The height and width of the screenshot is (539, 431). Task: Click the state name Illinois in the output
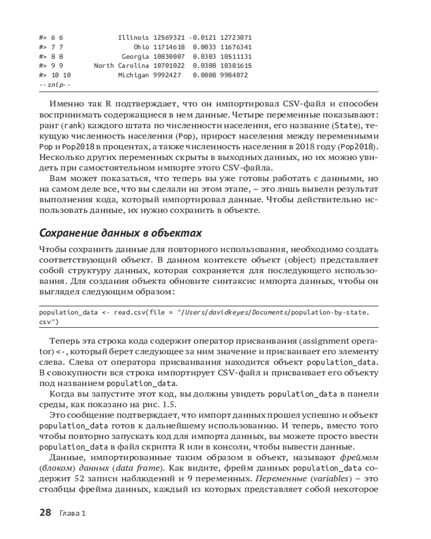pos(133,38)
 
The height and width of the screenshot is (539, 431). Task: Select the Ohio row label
pos(141,47)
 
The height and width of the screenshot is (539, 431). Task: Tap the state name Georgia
pos(135,57)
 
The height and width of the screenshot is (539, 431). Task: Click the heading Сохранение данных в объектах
pos(121,233)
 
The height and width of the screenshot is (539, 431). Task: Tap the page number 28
pos(45,513)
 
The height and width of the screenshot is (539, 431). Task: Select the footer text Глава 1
pos(73,513)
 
